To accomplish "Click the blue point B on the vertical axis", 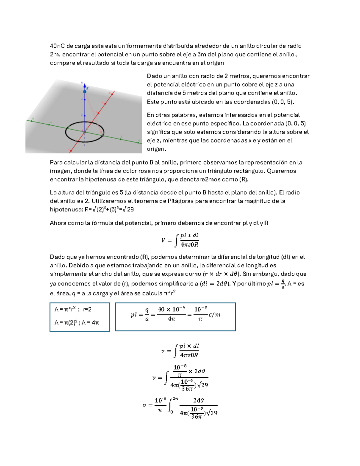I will coord(85,92).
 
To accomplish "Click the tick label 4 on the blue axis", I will coord(82,99).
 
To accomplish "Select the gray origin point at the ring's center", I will coord(85,131).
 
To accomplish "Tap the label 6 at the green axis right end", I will coord(139,140).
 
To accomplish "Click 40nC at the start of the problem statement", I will coord(57,46).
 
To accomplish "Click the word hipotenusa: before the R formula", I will coord(66,209).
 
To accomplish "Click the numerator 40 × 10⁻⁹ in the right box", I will coord(171,309).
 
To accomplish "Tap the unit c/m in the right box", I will coord(214,314).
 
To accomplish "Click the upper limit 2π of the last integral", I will coord(175,399).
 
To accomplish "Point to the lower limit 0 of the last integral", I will coord(172,412).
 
